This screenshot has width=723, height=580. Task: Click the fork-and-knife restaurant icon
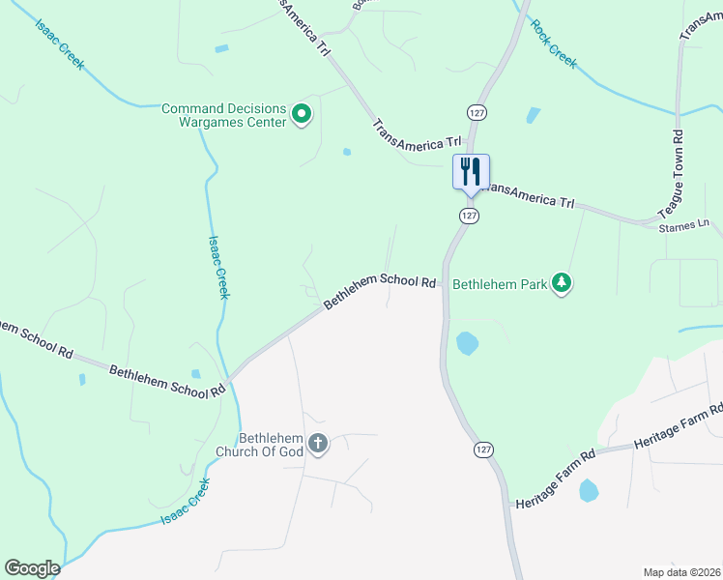click(x=472, y=171)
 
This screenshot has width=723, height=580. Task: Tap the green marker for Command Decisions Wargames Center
click(x=301, y=115)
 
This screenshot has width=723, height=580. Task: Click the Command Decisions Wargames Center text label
click(x=224, y=115)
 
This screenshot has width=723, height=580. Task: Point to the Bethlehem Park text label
click(x=500, y=284)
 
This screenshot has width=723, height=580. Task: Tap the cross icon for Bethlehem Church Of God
click(x=317, y=445)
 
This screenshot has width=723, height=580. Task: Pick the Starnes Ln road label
click(x=683, y=224)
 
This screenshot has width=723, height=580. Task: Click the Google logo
click(x=32, y=568)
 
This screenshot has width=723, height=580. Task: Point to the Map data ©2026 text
click(x=680, y=572)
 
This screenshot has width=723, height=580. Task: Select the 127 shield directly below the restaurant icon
click(x=470, y=217)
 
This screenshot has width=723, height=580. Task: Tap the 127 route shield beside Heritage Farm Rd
click(x=483, y=450)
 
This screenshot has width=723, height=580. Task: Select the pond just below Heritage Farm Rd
click(x=589, y=491)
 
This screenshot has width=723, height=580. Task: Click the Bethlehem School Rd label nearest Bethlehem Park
click(x=379, y=290)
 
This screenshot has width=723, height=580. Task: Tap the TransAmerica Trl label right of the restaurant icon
click(x=529, y=195)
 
